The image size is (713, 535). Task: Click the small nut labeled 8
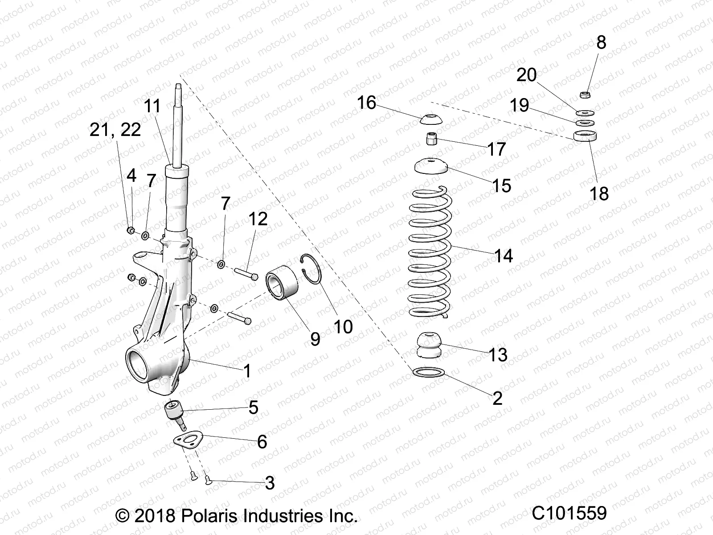[x=586, y=94]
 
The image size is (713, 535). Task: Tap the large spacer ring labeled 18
[x=585, y=136]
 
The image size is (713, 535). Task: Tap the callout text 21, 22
[x=115, y=130]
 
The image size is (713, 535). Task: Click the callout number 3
[x=270, y=483]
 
